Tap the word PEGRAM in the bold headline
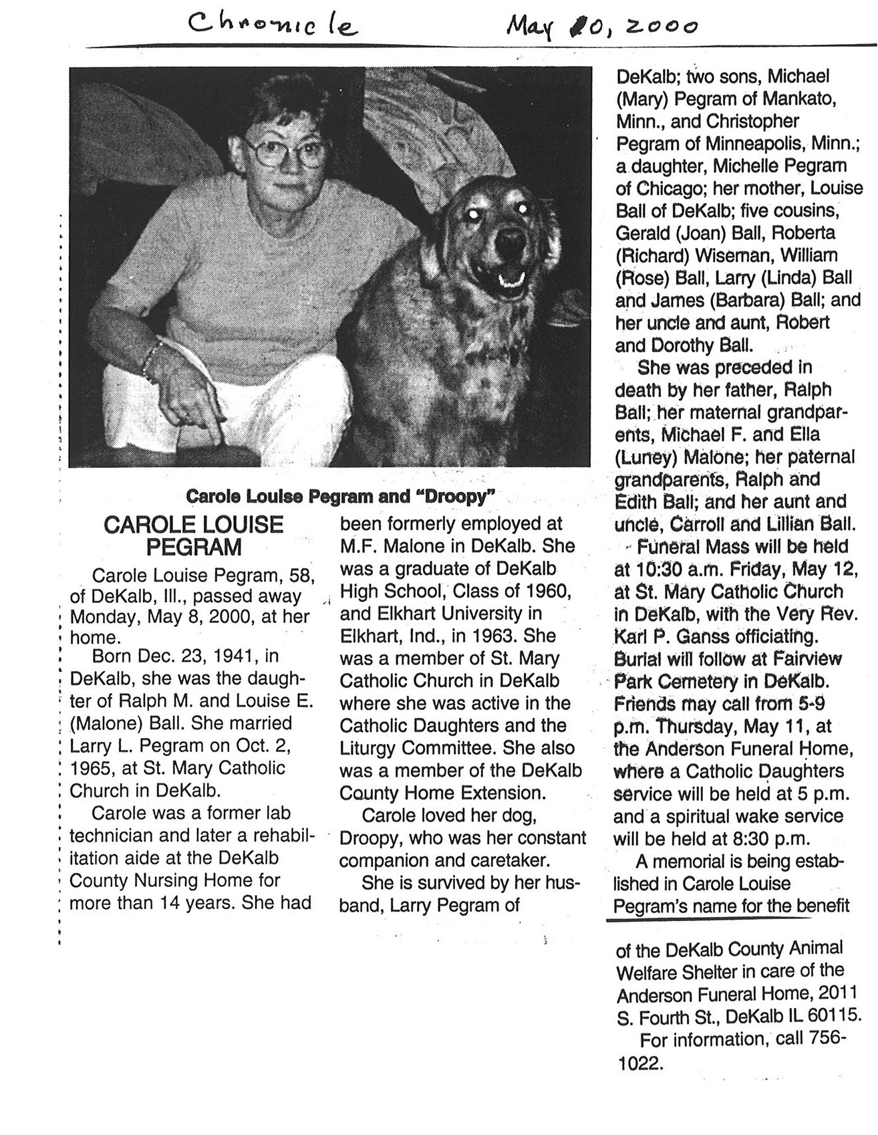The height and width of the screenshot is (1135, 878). coord(194,547)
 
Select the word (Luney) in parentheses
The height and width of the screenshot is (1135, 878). coord(643,458)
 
